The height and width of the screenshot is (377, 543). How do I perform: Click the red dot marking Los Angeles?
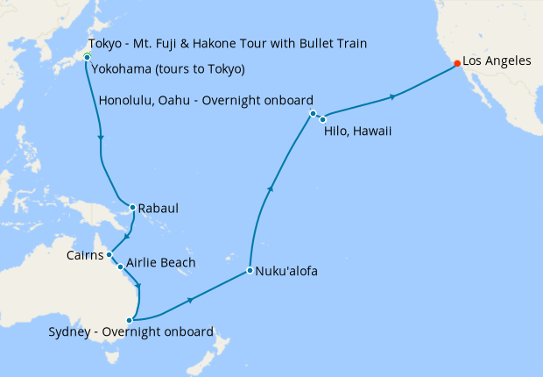[456, 63]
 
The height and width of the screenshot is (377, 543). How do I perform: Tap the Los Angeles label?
[497, 61]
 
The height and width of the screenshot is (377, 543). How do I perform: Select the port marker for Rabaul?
[132, 208]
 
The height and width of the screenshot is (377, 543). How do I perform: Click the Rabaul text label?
[159, 209]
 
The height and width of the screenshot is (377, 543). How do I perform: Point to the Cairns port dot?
[109, 255]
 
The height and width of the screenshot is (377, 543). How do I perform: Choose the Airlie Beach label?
[160, 262]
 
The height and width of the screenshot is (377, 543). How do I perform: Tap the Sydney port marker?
[129, 320]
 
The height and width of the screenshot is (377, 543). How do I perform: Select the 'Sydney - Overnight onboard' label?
[131, 332]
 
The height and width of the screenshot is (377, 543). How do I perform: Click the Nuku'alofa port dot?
[250, 270]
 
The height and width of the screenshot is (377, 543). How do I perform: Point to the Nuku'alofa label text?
[286, 271]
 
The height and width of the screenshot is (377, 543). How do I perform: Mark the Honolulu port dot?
[313, 114]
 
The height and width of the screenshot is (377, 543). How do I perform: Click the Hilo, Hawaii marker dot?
[322, 118]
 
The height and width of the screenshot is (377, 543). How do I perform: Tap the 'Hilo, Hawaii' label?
[356, 131]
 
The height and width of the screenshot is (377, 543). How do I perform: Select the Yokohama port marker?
[87, 58]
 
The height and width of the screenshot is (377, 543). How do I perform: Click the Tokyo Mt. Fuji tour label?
[228, 43]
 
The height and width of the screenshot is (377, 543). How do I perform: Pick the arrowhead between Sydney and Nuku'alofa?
[190, 299]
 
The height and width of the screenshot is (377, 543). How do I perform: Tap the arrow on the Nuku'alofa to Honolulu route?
[271, 188]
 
